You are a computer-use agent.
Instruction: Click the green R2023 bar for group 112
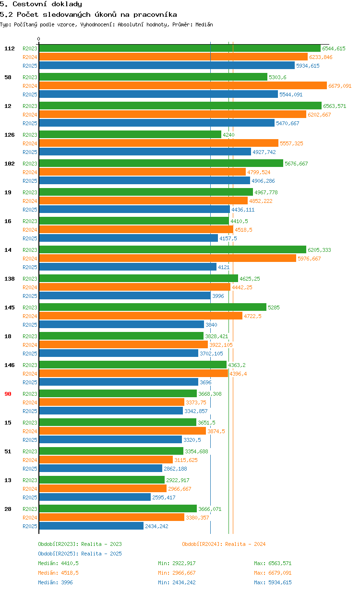pos(180,48)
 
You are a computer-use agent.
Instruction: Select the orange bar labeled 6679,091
pos(183,86)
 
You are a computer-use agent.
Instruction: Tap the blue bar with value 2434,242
pos(91,526)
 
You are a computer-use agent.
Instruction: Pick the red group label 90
pos(8,394)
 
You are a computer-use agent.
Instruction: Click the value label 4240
pos(228,135)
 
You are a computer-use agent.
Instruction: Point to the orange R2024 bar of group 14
pos(168,259)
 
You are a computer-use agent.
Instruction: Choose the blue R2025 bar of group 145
pos(121,325)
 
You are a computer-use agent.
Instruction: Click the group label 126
pos(9,135)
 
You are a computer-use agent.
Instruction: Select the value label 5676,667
pos(296,164)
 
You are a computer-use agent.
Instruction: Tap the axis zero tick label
pos(39,39)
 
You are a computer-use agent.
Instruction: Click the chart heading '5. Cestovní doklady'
pos(41,4)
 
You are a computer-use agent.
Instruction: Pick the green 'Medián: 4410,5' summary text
pos(58,563)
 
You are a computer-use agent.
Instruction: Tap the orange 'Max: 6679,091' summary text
pos(273,573)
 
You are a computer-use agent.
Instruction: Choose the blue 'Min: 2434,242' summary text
pos(177,582)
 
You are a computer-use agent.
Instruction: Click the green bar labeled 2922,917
pos(102,480)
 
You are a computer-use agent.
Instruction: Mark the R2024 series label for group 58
pos(30,86)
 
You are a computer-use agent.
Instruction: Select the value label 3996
pos(218,296)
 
